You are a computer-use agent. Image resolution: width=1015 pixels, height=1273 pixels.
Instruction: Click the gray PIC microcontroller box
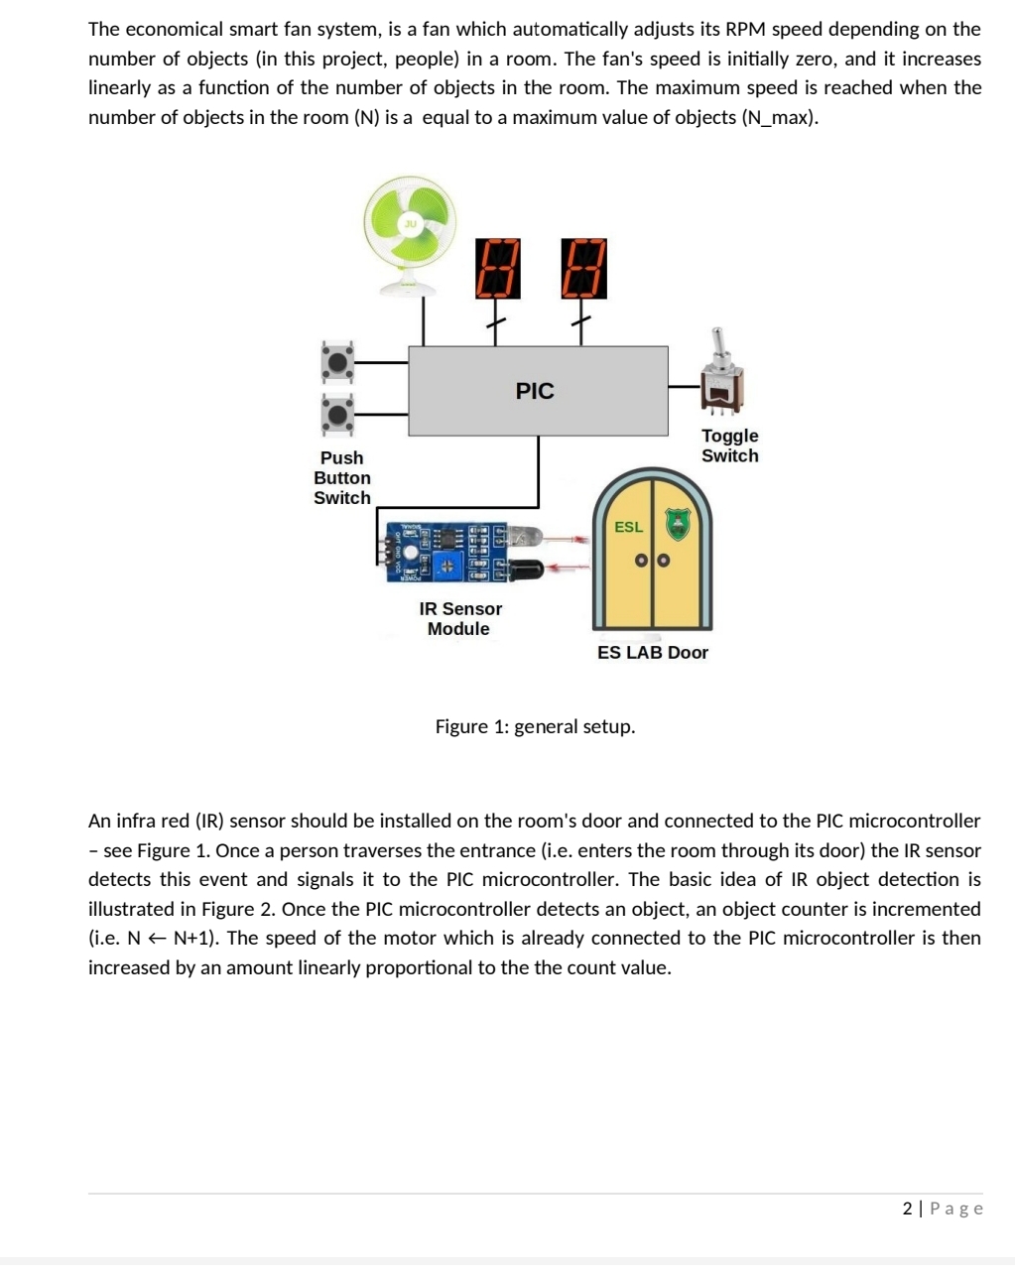538,391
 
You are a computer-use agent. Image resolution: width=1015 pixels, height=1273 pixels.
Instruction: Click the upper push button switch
337,362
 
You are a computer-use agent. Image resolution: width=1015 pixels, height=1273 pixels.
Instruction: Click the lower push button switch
337,414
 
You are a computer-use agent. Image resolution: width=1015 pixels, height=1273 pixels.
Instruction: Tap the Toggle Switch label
729,446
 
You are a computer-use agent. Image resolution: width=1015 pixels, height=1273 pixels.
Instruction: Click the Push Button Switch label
341,477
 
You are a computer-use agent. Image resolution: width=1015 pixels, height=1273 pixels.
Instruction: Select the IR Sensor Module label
459,618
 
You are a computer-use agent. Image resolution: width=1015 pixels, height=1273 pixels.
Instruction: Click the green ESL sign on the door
628,527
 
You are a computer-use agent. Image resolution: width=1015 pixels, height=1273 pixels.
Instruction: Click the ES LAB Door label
652,652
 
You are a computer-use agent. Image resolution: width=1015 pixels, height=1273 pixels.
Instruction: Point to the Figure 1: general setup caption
535,726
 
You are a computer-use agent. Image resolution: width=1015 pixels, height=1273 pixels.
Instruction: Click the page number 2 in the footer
907,1208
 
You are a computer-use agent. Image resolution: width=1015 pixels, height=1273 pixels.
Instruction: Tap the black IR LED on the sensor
524,570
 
